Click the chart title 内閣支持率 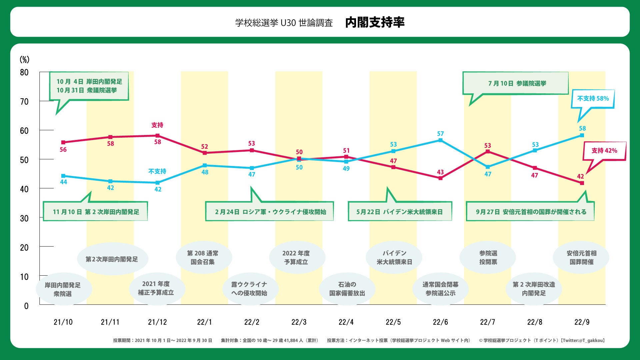point(375,22)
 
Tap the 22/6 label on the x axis point(440,322)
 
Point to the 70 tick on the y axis point(24,102)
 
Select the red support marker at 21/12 point(158,136)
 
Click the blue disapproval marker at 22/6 point(440,140)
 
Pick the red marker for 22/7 point(488,152)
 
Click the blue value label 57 point(440,134)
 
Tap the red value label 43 point(440,172)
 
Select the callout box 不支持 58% point(593,99)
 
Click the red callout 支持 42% point(604,151)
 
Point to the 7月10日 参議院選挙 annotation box point(516,83)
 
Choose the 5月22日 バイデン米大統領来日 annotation point(400,212)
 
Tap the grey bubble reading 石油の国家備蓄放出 point(347,289)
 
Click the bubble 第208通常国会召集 point(203,257)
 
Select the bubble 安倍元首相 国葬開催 point(581,257)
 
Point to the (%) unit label point(24,59)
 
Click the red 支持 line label point(157,125)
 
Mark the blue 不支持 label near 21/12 point(157,171)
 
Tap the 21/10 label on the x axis point(63,322)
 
